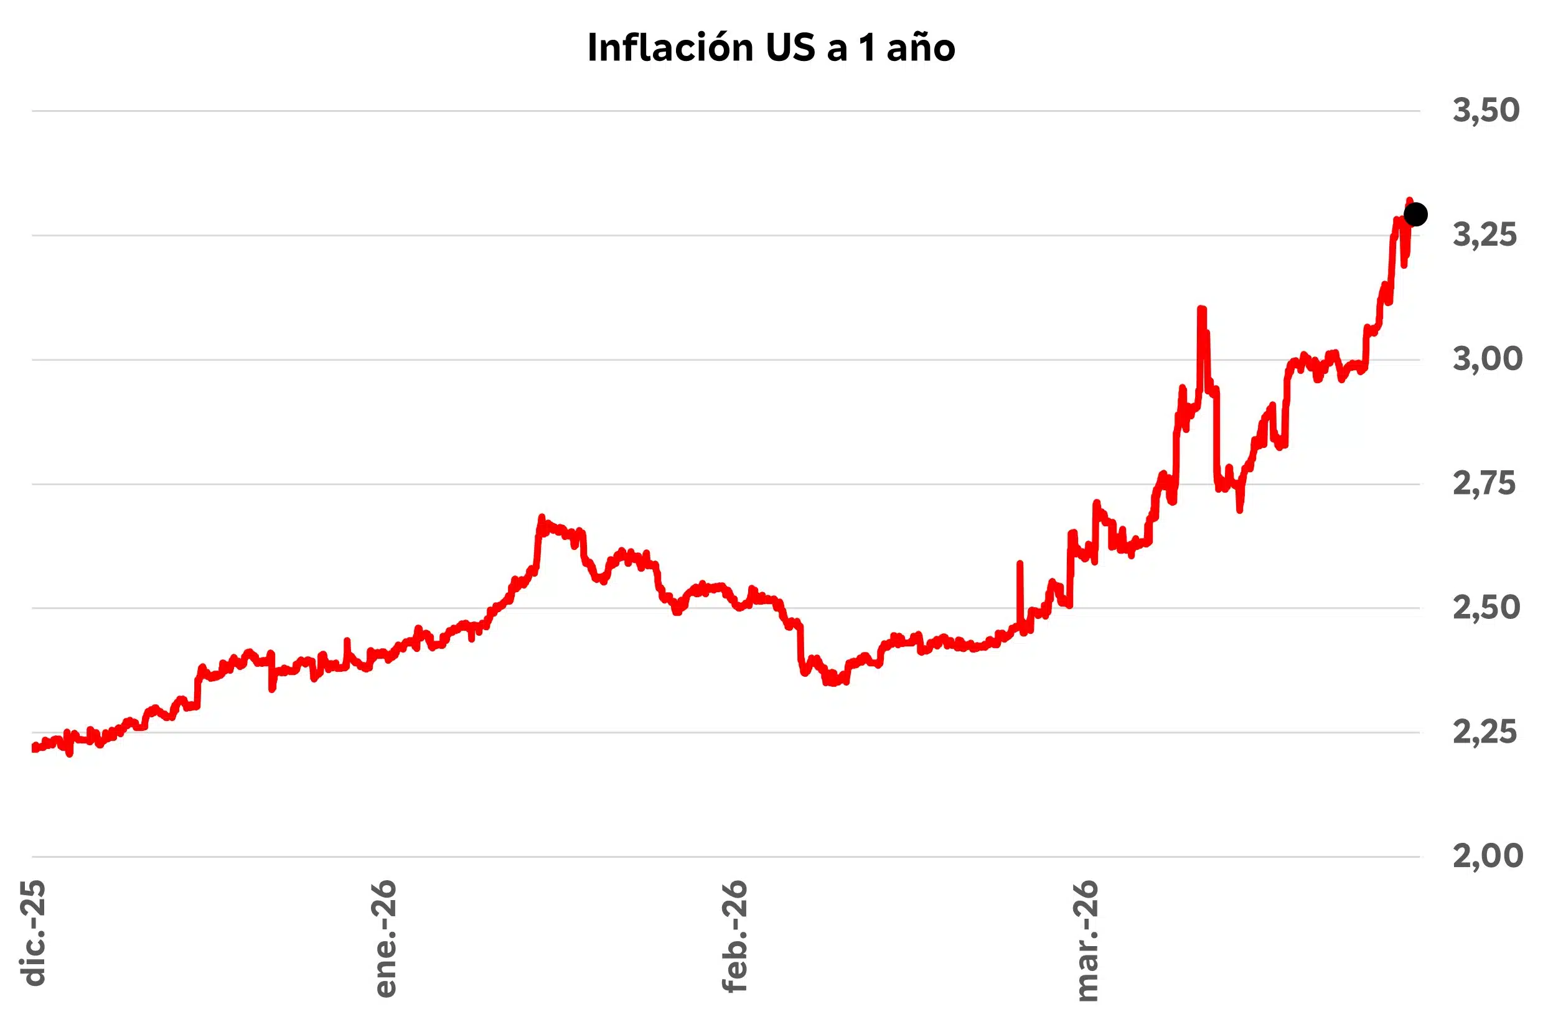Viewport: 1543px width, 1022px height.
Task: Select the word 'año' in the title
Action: click(x=921, y=49)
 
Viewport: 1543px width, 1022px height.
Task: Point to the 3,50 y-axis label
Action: click(x=1486, y=110)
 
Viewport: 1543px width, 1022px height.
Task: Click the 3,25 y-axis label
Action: click(x=1484, y=235)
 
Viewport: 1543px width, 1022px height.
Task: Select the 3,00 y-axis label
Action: click(x=1487, y=359)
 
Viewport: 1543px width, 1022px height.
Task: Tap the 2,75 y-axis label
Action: click(x=1484, y=483)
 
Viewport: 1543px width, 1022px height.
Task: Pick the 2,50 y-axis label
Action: click(x=1486, y=608)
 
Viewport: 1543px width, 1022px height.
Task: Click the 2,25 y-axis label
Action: click(x=1484, y=733)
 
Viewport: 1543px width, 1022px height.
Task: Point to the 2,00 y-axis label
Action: click(x=1487, y=856)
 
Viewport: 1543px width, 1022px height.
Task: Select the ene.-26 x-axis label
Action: click(x=385, y=939)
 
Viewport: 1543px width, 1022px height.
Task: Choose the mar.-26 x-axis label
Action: click(x=1087, y=941)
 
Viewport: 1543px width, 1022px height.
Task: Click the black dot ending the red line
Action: click(x=1415, y=214)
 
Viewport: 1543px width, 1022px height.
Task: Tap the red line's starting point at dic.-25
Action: click(x=34, y=748)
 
